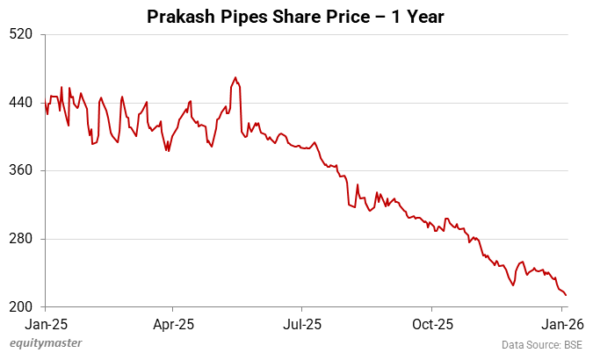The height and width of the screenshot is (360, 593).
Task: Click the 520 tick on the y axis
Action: pyautogui.click(x=20, y=34)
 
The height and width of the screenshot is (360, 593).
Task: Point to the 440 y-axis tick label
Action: pyautogui.click(x=20, y=103)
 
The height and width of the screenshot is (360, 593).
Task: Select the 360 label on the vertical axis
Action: pyautogui.click(x=20, y=170)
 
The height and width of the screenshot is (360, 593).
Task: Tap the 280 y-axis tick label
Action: pyautogui.click(x=20, y=239)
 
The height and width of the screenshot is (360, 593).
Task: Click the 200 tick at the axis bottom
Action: pyautogui.click(x=20, y=306)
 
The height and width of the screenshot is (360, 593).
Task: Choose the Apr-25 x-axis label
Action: pyautogui.click(x=172, y=324)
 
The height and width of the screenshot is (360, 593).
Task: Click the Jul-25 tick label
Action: pyautogui.click(x=301, y=324)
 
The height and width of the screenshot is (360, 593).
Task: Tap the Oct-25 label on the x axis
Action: pyautogui.click(x=432, y=324)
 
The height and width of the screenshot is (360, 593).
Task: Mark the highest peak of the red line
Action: pyautogui.click(x=235, y=77)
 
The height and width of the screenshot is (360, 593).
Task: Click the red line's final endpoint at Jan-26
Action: pyautogui.click(x=566, y=295)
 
